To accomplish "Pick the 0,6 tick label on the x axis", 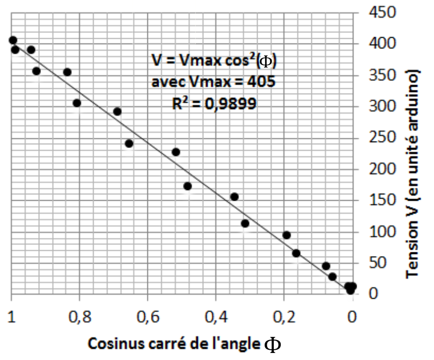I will [147, 317].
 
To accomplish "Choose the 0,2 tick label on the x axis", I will [284, 317].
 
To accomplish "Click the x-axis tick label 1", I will [11, 317].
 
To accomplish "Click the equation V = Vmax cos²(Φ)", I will [214, 61].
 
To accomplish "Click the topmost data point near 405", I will [13, 40].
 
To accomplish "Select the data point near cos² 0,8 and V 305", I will [77, 103].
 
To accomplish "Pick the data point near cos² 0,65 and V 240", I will [129, 143].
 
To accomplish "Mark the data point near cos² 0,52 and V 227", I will [176, 152].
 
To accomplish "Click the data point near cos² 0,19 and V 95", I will [287, 235].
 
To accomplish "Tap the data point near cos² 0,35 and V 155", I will [234, 196].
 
